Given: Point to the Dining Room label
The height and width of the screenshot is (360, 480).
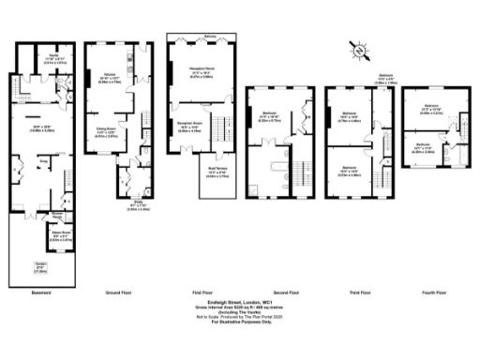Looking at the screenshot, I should coord(107,131).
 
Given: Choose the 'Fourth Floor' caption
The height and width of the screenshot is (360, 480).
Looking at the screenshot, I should coord(433,293).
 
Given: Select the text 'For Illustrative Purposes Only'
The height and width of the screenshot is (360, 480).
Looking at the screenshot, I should coord(239,322).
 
